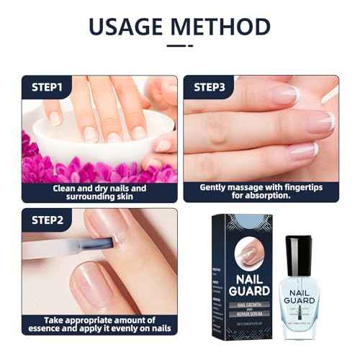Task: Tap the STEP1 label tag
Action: click(x=48, y=88)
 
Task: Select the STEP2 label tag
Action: click(x=48, y=220)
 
